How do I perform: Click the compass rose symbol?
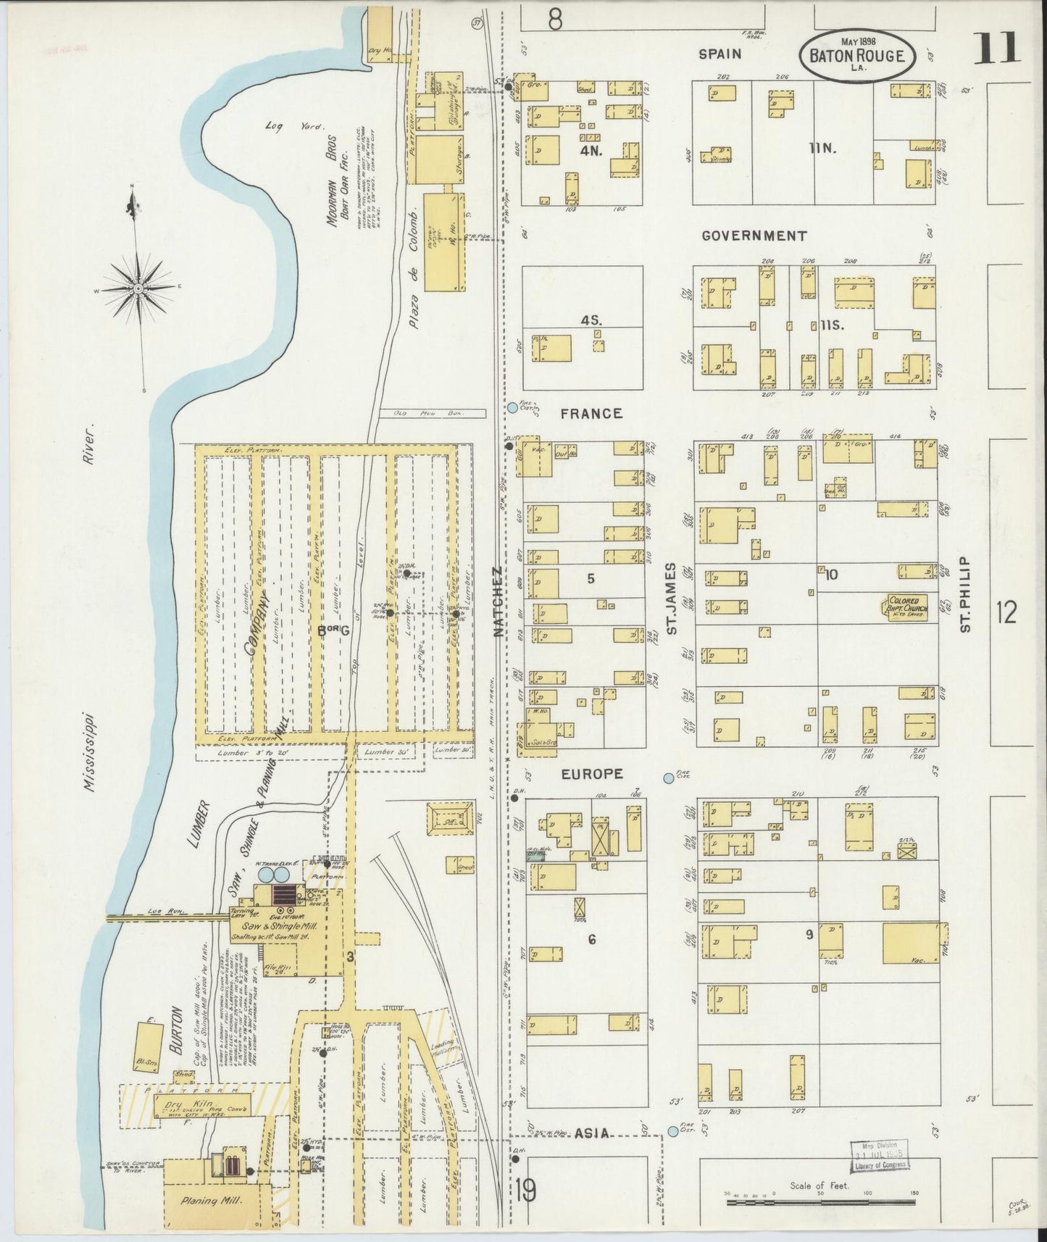point(137,288)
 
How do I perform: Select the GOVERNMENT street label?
point(754,236)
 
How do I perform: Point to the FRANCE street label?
point(591,413)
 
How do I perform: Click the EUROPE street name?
point(592,774)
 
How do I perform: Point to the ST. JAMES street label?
point(671,599)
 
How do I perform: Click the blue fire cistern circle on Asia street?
point(673,1130)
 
